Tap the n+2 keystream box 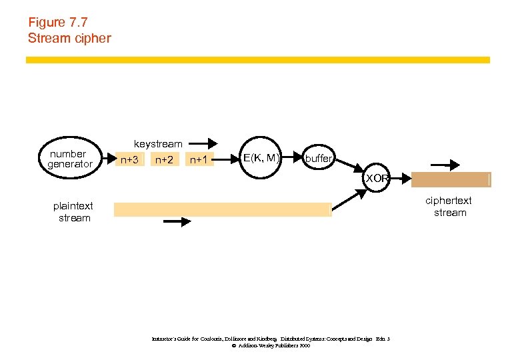pos(163,159)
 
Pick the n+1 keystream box pos(199,159)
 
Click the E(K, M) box pos(261,158)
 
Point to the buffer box pos(318,159)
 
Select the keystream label pos(158,143)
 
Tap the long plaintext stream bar pos(223,209)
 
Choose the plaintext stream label pos(73,212)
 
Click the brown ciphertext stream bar pos(451,179)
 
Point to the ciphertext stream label pos(450,207)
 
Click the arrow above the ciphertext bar pos(445,164)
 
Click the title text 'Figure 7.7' pos(57,22)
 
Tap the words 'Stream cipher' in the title pos(69,38)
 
